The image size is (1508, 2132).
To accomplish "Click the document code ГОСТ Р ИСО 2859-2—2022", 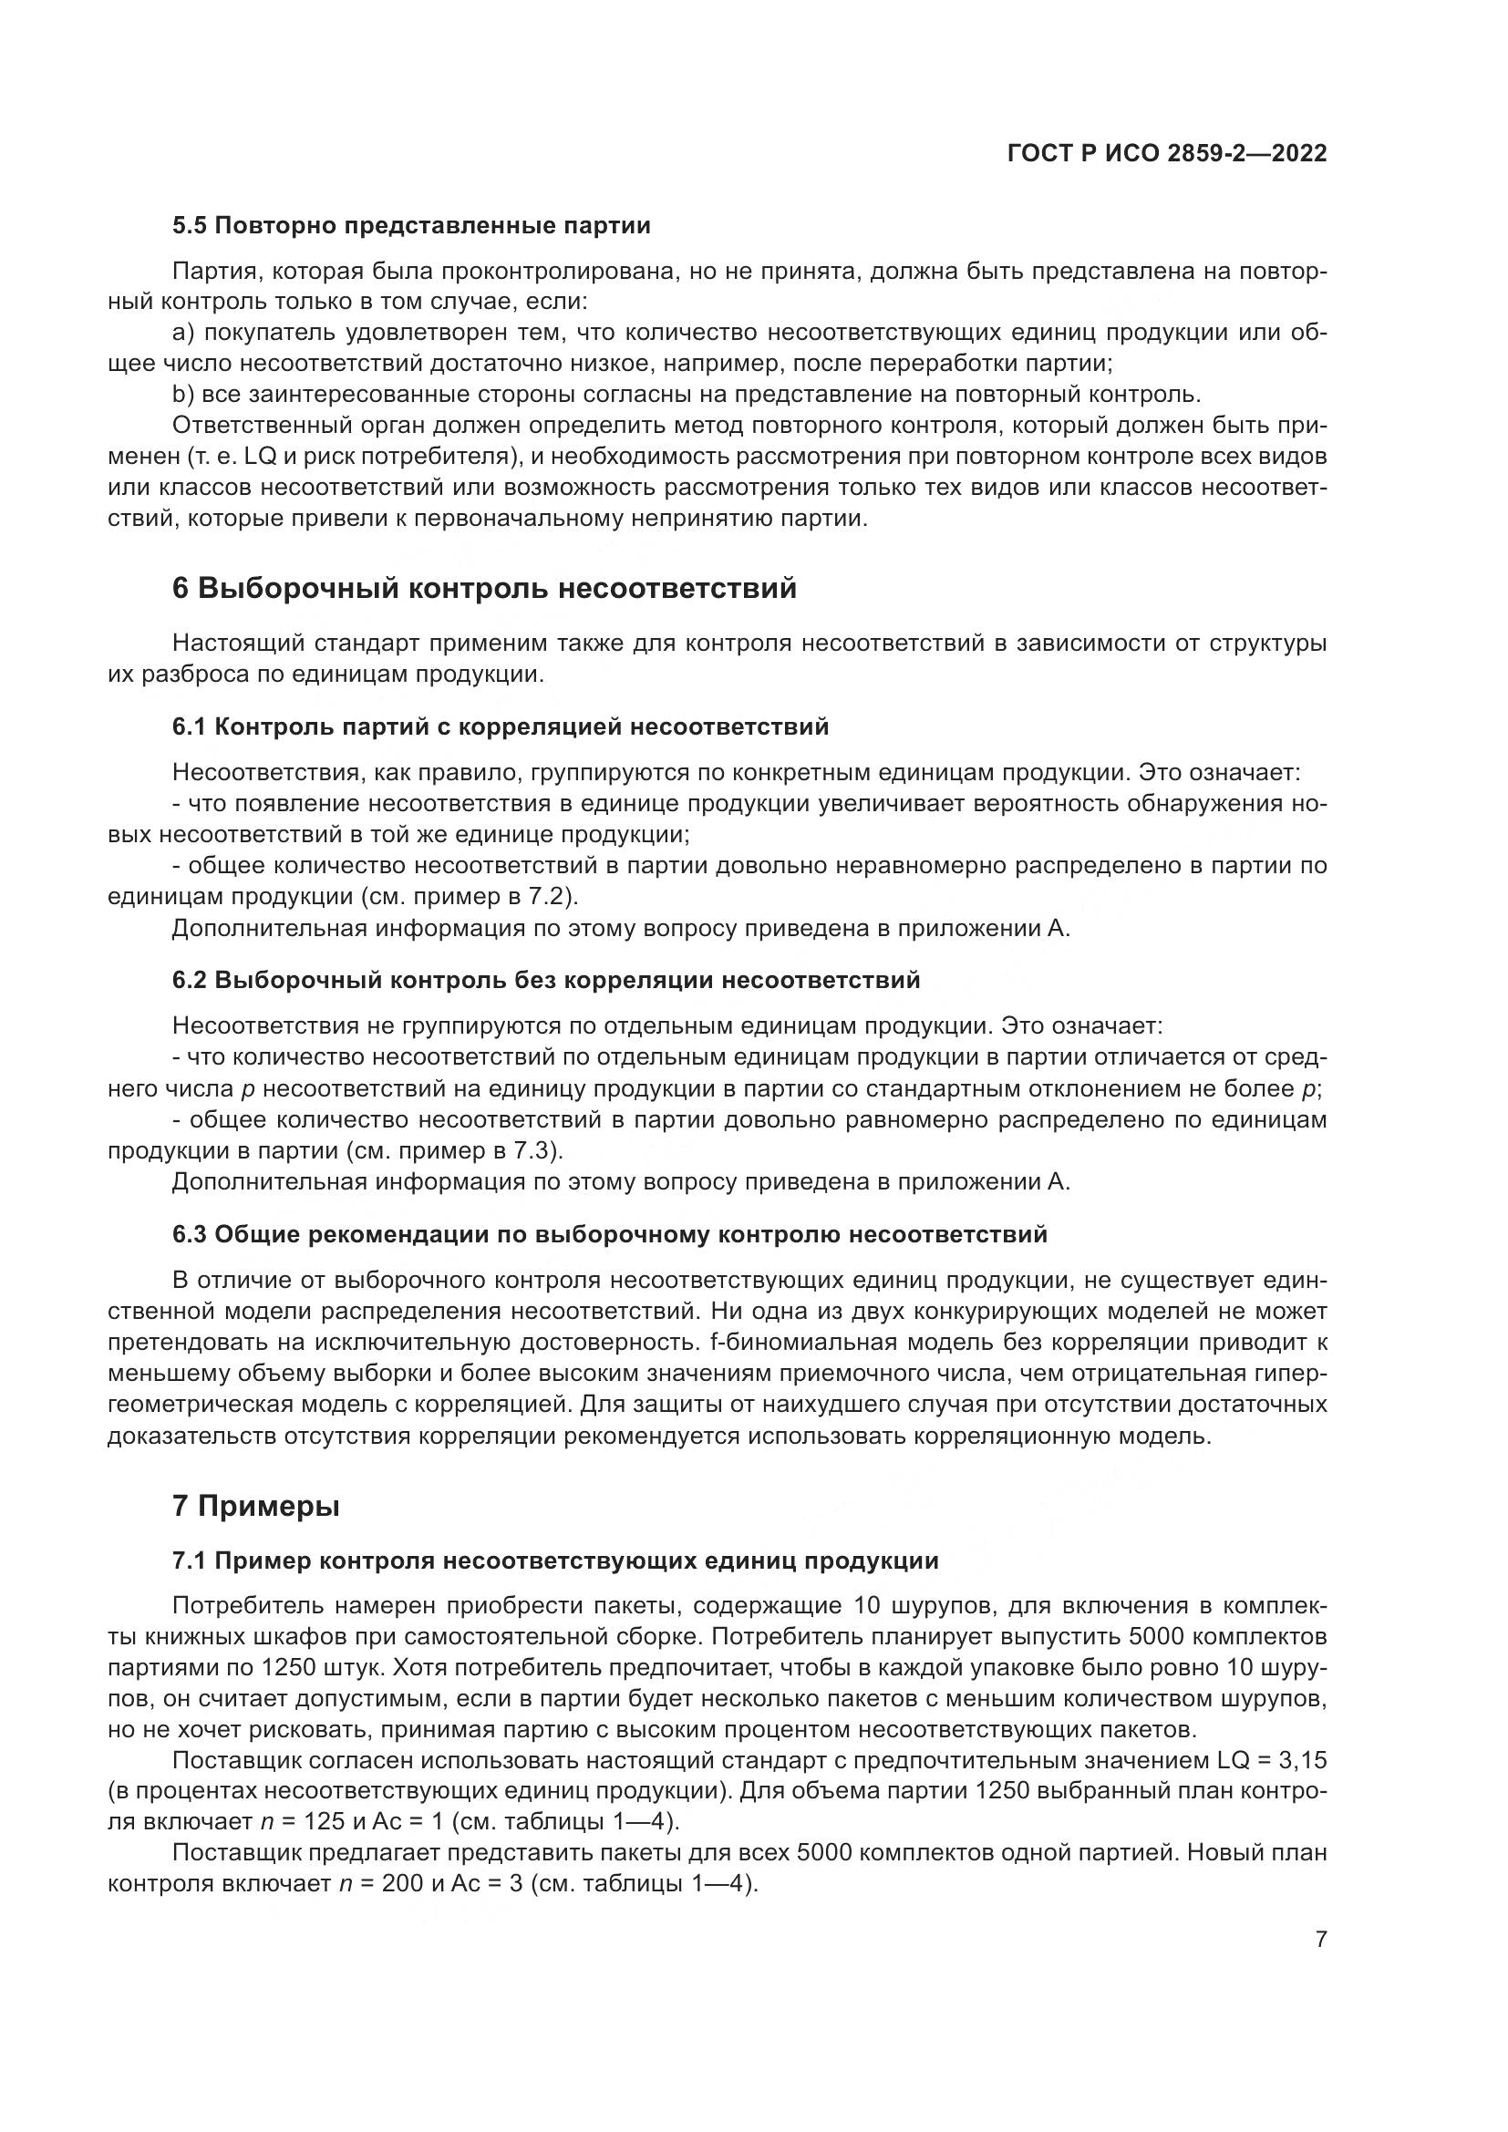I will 1166,153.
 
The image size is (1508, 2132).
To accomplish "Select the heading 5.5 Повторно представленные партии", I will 411,226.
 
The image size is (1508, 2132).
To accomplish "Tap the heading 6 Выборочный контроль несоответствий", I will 484,589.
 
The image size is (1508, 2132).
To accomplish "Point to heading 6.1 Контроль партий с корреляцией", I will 501,727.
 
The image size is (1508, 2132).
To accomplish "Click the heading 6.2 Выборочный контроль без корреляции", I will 546,981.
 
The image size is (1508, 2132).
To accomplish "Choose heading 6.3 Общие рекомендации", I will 609,1235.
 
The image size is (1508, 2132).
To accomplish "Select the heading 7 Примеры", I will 255,1506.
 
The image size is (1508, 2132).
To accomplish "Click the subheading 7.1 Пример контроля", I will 555,1560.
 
